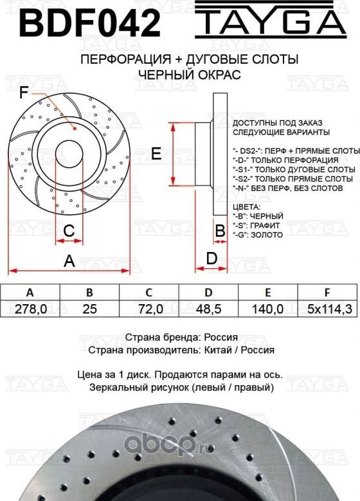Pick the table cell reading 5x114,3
(x=328, y=309)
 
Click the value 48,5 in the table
(x=208, y=309)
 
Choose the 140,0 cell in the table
(x=268, y=309)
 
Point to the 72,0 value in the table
(x=149, y=309)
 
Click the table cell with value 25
(x=89, y=309)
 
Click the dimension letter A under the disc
(x=69, y=260)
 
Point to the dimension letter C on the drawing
(x=69, y=230)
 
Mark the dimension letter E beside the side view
(x=156, y=153)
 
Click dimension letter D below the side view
(x=210, y=258)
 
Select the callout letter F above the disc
(x=24, y=93)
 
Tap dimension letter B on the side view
(x=219, y=230)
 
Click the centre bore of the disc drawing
(x=69, y=152)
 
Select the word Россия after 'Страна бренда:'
(x=221, y=337)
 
